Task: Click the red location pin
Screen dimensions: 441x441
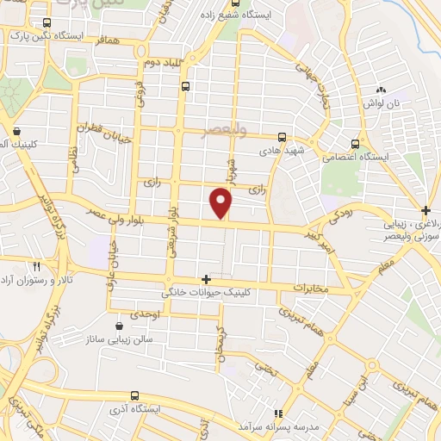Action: (x=221, y=203)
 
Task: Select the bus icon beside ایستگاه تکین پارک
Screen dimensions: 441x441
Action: (x=45, y=23)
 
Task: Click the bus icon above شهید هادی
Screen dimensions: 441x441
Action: (x=281, y=136)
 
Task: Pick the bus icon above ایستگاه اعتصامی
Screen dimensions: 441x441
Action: (x=355, y=144)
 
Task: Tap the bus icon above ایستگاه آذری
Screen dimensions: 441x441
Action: (x=134, y=394)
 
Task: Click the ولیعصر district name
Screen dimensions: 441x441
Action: (x=223, y=130)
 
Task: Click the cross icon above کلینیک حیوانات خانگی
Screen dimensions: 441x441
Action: (x=205, y=279)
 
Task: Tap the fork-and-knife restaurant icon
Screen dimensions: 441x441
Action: (x=36, y=266)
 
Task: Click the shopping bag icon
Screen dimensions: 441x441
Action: (x=17, y=132)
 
